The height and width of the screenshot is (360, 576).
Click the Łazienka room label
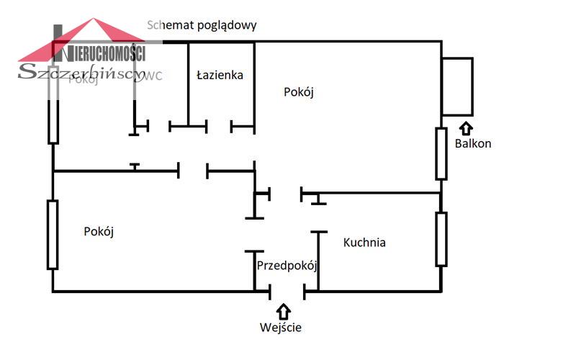[x=220, y=74]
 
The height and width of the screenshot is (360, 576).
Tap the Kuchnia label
[x=364, y=243]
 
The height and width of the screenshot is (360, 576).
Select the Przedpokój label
[x=287, y=265]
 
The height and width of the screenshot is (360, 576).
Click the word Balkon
[x=473, y=143]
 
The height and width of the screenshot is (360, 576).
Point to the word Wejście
[x=281, y=328]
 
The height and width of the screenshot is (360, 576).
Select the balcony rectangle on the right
[x=457, y=86]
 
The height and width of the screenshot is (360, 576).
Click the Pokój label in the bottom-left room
[x=99, y=232]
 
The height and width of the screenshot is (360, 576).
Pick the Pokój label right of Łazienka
[x=300, y=92]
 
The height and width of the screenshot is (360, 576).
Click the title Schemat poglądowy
[x=202, y=24]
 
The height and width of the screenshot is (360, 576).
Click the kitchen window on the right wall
[x=441, y=239]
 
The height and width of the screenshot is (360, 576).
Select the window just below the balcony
[x=441, y=153]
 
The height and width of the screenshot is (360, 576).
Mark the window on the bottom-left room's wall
[x=53, y=235]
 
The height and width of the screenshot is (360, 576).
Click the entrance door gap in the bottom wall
[x=287, y=292]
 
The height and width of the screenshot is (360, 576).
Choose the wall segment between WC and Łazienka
[x=189, y=83]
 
